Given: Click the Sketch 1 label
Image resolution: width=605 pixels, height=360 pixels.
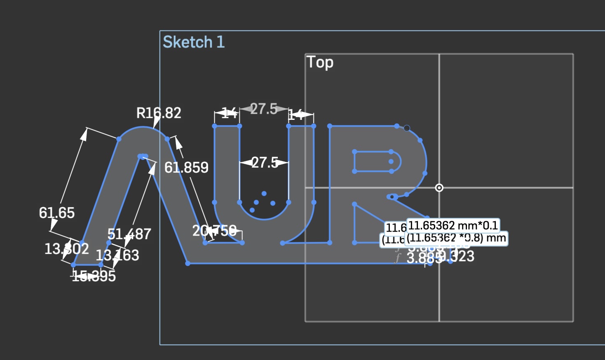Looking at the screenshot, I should pos(194,42).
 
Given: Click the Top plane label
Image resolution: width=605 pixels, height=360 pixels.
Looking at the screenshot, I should pos(320,62).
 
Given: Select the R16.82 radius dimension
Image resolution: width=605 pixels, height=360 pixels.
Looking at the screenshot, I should pos(159,113).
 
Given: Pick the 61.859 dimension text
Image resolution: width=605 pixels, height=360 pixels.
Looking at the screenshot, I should pos(186,168).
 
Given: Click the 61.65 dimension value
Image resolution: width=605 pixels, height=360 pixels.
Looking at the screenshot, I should pos(57,213).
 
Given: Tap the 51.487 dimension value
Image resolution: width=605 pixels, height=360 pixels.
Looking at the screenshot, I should pos(129,234).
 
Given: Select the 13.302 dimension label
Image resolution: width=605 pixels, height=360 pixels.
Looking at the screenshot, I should pos(66,249).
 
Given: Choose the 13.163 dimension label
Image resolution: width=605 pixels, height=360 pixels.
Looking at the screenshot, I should pos(117,255).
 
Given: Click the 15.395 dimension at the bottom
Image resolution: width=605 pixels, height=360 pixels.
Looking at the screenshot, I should pos(94,276).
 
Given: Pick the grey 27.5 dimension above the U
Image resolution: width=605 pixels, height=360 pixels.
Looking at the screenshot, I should pos(264,109).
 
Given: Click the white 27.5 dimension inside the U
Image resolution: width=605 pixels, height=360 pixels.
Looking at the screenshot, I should pos(265,163).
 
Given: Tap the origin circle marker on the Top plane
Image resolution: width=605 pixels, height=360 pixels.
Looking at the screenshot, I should pos(439,188).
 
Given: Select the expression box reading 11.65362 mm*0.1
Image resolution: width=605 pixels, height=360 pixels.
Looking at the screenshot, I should pos(453,226).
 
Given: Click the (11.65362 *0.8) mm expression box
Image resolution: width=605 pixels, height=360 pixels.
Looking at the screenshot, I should pos(456,238).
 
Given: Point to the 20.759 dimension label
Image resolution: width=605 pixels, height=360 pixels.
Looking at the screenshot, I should pos(214,231).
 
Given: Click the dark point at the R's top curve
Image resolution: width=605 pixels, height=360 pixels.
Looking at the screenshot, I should pos(407,128).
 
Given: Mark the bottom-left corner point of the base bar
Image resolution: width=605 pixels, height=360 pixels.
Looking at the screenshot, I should pos(188,263).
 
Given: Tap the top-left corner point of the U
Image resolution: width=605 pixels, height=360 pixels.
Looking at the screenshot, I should pos(215,126).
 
